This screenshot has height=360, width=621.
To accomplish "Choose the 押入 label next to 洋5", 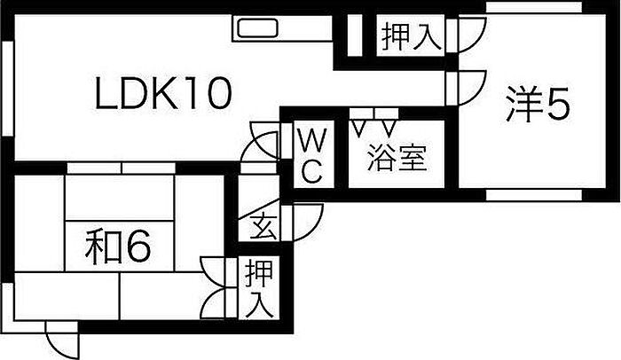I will point(411,37).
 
